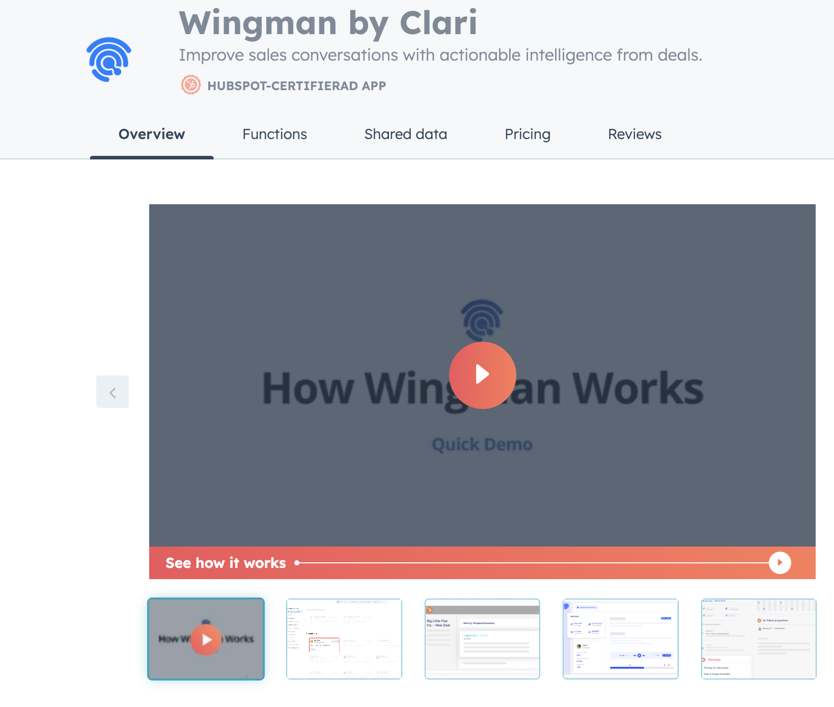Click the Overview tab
[x=152, y=134]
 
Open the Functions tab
[x=274, y=134]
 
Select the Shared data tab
[x=405, y=134]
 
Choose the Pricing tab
[x=527, y=134]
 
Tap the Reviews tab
[x=634, y=134]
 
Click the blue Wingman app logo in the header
[x=108, y=59]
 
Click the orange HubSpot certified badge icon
[x=191, y=85]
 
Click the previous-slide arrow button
[x=113, y=392]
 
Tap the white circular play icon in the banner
[x=780, y=563]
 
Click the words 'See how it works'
[x=226, y=563]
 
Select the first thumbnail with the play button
[x=206, y=639]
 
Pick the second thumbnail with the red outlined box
[x=344, y=639]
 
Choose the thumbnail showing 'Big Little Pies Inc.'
[x=482, y=639]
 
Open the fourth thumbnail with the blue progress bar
[x=620, y=639]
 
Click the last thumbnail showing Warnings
[x=758, y=639]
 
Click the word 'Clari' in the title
[x=438, y=23]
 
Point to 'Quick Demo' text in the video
[x=482, y=445]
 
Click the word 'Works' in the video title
[x=637, y=389]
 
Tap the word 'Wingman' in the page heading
[x=258, y=23]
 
